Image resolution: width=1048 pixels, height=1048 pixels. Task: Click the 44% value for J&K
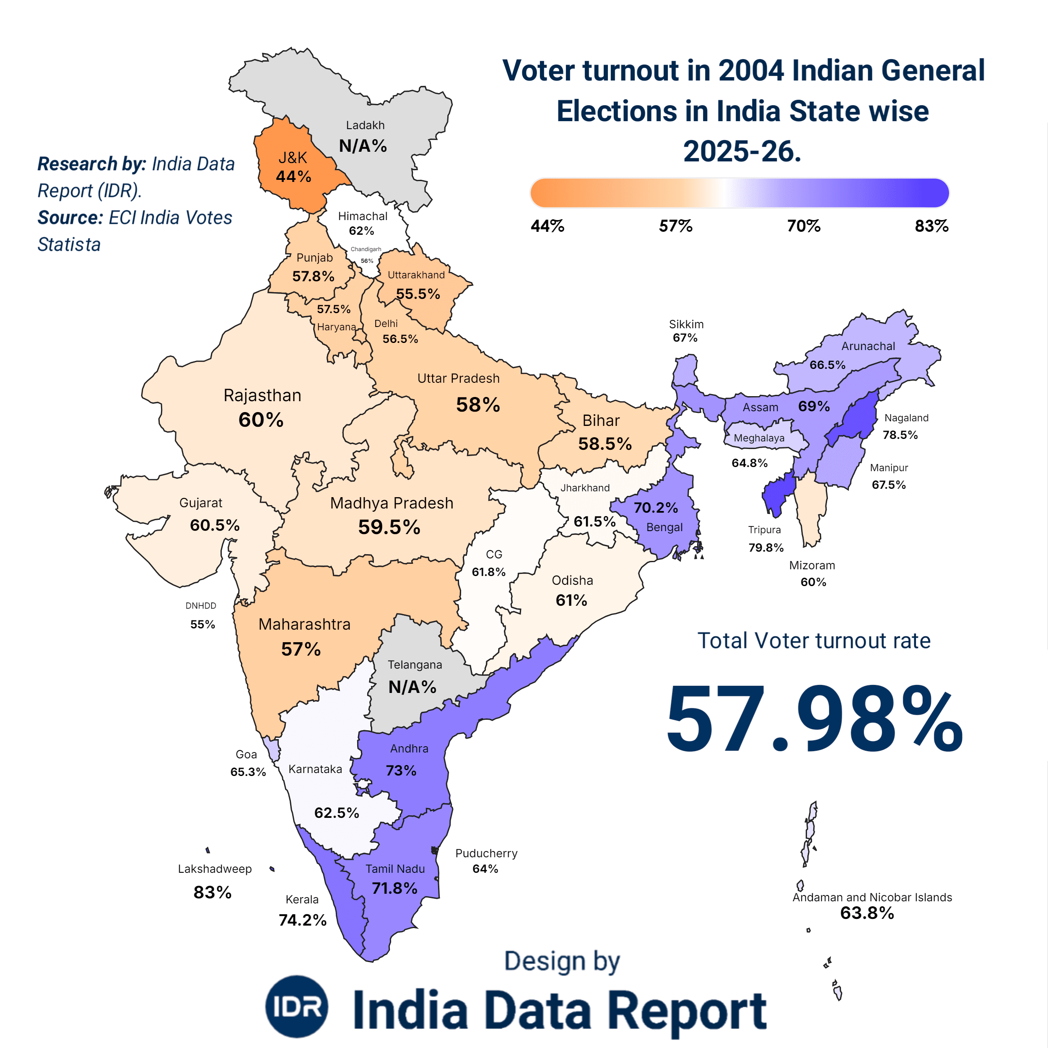[x=293, y=177]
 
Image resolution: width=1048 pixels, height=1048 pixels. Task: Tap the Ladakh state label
[x=365, y=125]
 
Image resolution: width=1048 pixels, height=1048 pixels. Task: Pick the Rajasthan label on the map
[x=262, y=395]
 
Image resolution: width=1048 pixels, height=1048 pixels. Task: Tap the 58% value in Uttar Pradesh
[x=478, y=405]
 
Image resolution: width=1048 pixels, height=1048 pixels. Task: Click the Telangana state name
[x=415, y=664]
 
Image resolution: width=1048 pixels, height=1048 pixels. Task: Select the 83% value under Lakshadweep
[x=213, y=892]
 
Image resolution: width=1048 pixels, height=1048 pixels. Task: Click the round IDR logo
[x=297, y=1006]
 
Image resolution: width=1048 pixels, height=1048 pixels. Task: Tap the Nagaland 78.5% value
[x=900, y=435]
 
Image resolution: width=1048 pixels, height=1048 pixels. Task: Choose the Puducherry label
[x=486, y=853]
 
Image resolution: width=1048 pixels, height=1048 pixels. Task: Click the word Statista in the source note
[x=69, y=245]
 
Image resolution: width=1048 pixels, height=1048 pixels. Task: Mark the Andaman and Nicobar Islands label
[x=872, y=897]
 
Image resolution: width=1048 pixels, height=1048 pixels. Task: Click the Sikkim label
[x=686, y=324]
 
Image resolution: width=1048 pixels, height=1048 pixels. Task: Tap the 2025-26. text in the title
[x=742, y=151]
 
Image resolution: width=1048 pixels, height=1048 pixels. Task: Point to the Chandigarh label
[x=366, y=249]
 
